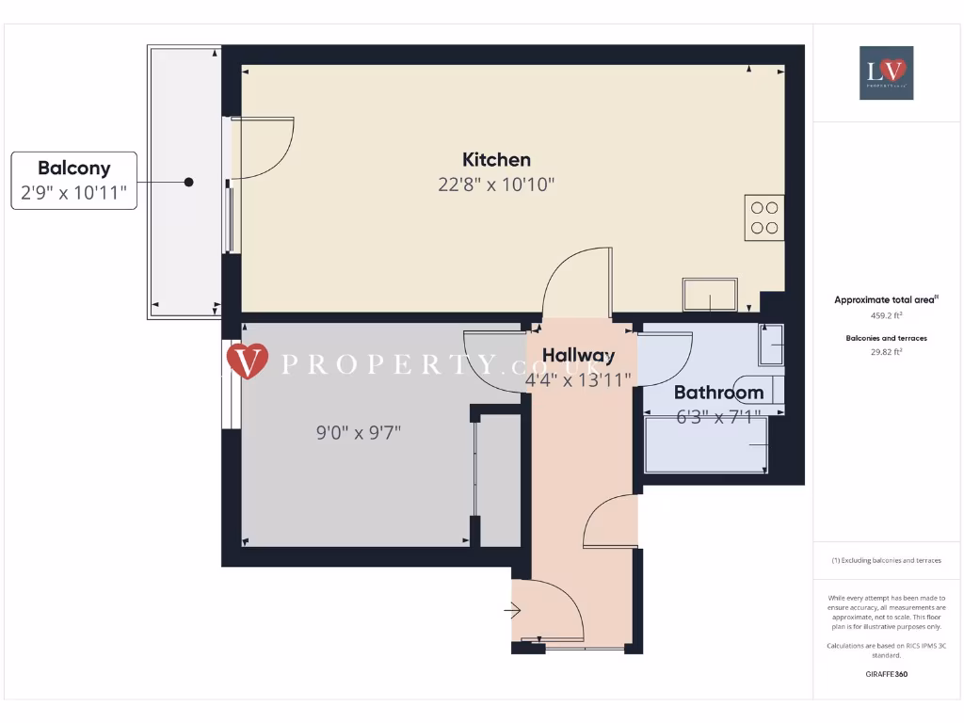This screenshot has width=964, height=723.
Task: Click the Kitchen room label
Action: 496,160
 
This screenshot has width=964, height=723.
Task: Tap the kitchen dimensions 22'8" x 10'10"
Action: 496,185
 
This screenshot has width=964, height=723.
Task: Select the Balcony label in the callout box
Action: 73,169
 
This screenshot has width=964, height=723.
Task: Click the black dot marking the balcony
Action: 189,182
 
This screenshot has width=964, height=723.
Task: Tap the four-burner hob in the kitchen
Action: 763,217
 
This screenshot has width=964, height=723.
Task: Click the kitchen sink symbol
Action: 711,295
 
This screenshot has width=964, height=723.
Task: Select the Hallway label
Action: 578,355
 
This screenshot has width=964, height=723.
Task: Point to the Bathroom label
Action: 718,393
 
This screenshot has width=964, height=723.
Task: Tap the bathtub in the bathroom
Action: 706,444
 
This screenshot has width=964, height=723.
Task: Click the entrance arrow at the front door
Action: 513,612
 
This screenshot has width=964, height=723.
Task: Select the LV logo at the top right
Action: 886,72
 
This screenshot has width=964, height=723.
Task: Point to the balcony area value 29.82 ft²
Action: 885,351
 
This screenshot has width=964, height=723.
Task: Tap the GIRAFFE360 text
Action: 885,674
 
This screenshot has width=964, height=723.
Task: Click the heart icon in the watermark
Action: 249,361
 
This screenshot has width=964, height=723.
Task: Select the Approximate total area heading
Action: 885,300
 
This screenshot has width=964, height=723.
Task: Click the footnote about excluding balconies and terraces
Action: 885,560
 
